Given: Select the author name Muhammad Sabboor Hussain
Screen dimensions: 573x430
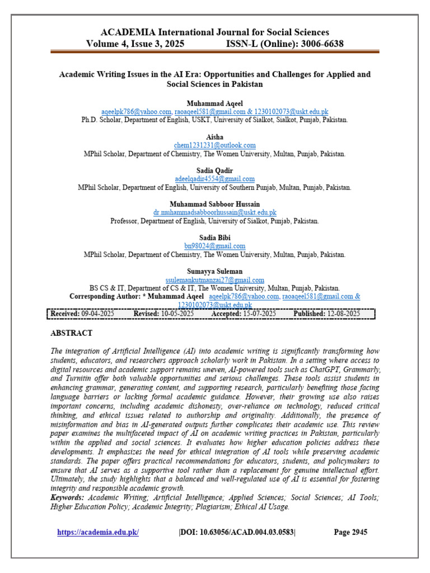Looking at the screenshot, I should coord(214,204).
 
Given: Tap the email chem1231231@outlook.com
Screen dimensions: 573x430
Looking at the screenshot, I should coord(214,145).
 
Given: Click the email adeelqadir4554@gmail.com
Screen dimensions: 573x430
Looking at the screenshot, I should coord(214,179).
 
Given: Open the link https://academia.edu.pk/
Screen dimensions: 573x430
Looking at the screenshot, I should coord(98,532).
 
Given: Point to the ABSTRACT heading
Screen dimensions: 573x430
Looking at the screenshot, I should coord(72,333).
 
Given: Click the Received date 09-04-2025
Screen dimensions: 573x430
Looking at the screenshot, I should coord(98,314).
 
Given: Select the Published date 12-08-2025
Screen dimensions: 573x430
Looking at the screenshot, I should coord(343,314).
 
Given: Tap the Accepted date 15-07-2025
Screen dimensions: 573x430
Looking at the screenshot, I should coord(259,314).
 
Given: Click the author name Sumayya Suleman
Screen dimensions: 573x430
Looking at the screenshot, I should coord(214,271).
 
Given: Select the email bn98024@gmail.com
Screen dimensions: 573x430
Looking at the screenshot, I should coord(214,246).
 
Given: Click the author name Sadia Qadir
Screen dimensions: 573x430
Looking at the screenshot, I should coord(214,171).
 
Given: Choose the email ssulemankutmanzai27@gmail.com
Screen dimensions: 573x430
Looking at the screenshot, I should coord(214,280).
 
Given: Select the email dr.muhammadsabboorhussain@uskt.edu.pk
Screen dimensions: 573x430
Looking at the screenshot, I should coord(214,213).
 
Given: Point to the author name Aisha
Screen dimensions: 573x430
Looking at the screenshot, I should coord(214,137).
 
